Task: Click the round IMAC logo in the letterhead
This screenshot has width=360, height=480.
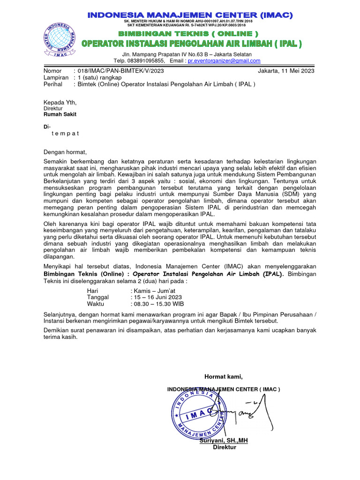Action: coord(60,40)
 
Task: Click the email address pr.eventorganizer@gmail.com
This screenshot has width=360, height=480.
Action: coord(224,60)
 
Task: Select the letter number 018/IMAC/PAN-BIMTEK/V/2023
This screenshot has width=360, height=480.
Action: coord(120,71)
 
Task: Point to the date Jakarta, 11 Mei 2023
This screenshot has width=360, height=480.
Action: coord(286,71)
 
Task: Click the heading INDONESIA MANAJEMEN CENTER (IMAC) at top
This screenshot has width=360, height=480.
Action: coord(190,15)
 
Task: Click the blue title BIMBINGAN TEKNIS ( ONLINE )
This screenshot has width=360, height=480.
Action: coord(188,34)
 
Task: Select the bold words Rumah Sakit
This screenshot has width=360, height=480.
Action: coord(60,114)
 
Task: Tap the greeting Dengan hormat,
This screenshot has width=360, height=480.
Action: coord(65,152)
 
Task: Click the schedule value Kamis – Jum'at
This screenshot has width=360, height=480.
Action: coord(153,291)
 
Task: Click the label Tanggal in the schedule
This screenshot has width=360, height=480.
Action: coord(98,297)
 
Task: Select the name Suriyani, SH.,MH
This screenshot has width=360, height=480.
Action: coord(224,441)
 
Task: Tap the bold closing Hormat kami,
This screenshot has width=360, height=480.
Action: coord(224,376)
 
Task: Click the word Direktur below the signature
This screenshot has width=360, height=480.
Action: coord(225,447)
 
